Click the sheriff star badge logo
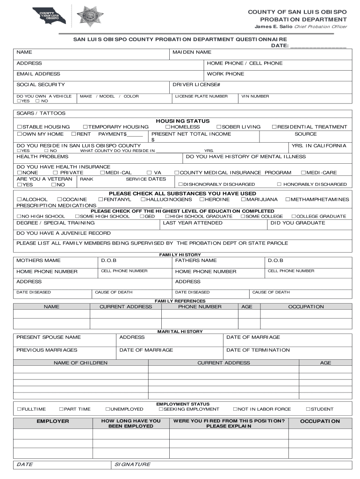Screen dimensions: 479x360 click(90, 16)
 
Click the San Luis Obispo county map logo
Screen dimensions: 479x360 click(49, 16)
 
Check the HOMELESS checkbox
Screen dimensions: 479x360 click(167, 127)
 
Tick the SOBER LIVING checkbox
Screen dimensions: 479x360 click(218, 127)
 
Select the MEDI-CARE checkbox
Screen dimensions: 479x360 click(303, 173)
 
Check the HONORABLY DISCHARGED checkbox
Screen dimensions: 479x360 click(279, 184)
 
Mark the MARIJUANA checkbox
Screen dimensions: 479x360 click(243, 200)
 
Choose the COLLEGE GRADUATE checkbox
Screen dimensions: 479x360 click(294, 217)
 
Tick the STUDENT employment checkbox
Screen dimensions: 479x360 click(308, 409)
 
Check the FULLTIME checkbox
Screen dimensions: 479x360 click(19, 409)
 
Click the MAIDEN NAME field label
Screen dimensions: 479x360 click(192, 52)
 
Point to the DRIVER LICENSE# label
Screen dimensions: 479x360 click(196, 85)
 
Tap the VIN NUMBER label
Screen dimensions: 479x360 click(255, 96)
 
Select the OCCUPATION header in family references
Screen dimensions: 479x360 click(306, 307)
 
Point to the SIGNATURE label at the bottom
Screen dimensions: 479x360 click(132, 464)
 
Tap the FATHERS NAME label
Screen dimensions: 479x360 click(196, 261)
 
